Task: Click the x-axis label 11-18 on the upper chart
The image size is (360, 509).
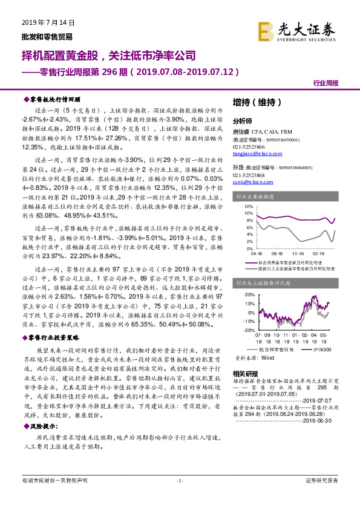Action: click(x=298, y=254)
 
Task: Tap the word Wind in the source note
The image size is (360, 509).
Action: click(x=267, y=358)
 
